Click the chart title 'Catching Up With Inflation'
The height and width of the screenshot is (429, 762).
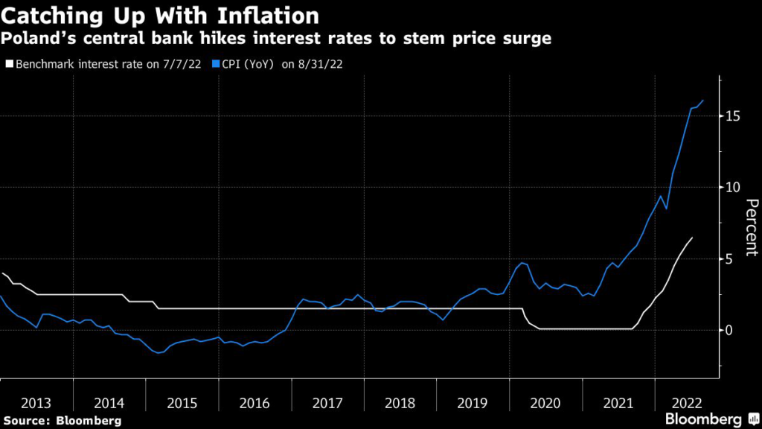coord(160,16)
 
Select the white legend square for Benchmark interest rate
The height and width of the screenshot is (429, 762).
coord(9,64)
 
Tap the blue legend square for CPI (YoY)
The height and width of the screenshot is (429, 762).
coord(216,64)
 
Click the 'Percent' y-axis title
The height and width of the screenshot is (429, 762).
coord(752,227)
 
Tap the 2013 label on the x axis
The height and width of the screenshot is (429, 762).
coord(36,403)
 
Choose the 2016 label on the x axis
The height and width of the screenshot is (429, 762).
coord(254,403)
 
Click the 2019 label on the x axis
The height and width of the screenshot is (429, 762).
coord(473,403)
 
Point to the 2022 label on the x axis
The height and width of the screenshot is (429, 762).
coord(687,403)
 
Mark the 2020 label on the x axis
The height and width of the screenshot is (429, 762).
coord(545,403)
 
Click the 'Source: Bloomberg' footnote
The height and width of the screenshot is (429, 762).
coord(63,421)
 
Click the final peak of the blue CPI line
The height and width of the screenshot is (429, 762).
coord(703,101)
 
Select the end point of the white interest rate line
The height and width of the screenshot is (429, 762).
coord(692,238)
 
